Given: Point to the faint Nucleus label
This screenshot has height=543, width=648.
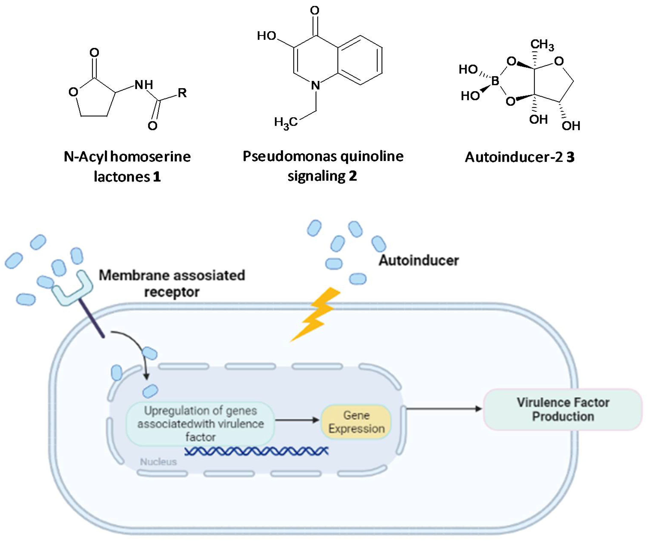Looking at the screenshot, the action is [x=158, y=462].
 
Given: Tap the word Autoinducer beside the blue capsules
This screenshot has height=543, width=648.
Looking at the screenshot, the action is [x=419, y=260].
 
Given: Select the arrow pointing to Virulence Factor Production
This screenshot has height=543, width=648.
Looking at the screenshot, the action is [x=444, y=409].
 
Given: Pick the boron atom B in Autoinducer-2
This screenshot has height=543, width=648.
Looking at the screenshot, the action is [x=495, y=81].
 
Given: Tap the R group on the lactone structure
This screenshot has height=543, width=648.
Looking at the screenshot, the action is [x=182, y=93].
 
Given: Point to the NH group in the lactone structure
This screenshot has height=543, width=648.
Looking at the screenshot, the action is [x=144, y=84].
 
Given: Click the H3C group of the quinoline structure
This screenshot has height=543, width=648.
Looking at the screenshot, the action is [x=286, y=122].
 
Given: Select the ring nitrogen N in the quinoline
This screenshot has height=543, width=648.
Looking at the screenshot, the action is [x=315, y=85].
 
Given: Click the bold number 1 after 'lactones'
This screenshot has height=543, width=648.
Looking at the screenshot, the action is [x=157, y=177].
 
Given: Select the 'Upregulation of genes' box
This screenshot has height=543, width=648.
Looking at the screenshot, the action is [x=200, y=424].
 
